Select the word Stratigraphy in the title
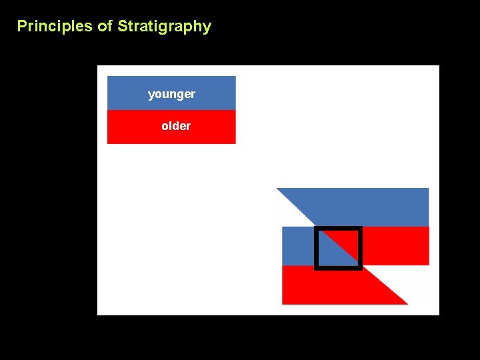click(x=164, y=27)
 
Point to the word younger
click(x=171, y=94)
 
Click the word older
click(x=176, y=126)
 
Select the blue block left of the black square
click(x=297, y=245)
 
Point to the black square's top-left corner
click(x=316, y=229)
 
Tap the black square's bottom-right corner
click(x=360, y=268)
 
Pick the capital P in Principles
click(x=21, y=27)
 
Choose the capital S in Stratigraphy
click(x=122, y=27)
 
